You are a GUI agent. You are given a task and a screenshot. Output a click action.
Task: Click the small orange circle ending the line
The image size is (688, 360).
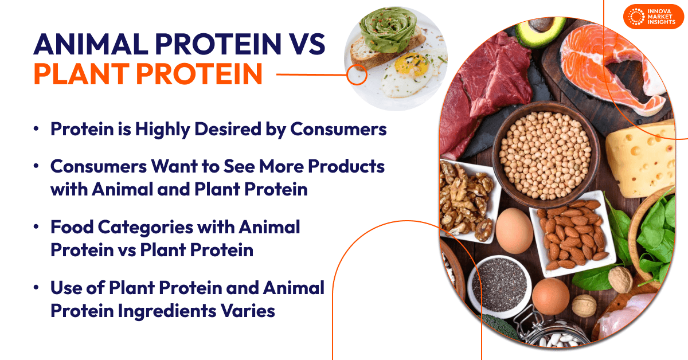pos(357,75)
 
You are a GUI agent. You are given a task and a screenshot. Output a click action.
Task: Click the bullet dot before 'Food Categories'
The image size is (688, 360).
pos(37,228)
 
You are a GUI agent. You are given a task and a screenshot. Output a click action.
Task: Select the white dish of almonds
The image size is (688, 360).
pos(570,232)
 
